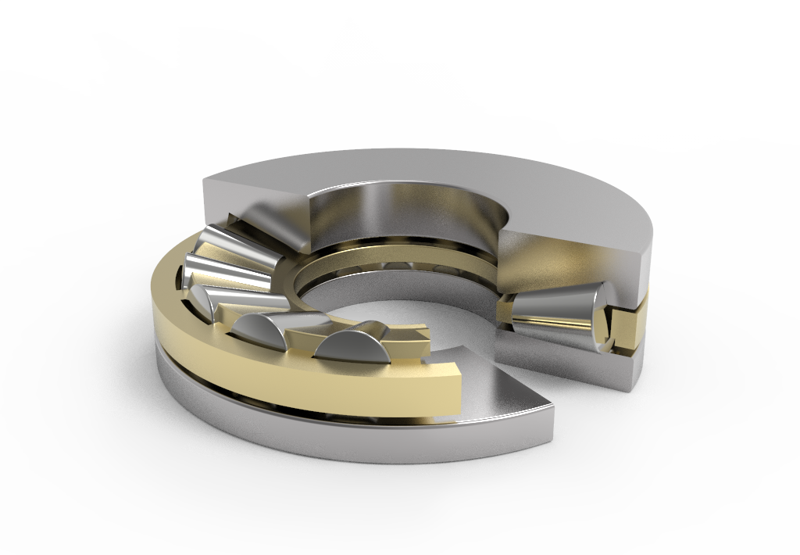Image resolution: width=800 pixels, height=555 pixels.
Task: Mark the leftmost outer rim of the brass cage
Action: coord(160,313)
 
